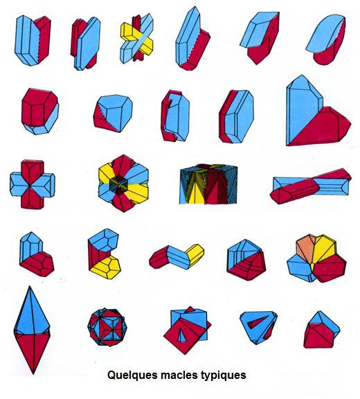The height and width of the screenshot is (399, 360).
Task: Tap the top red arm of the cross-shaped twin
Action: click(32, 171)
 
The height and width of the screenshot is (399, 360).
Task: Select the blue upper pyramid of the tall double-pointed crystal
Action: click(32, 311)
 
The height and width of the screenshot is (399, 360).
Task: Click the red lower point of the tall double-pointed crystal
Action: click(33, 352)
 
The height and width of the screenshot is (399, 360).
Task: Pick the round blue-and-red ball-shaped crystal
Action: click(107, 327)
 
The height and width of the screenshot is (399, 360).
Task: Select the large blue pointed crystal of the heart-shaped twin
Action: click(302, 109)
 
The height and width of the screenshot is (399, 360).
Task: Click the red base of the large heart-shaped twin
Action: click(323, 130)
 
